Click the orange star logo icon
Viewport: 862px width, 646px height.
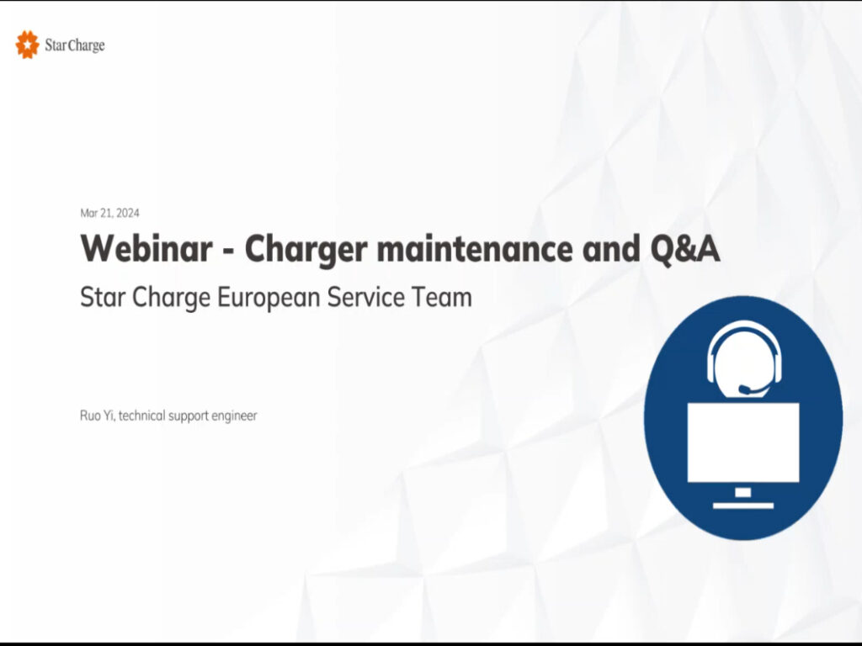click(x=28, y=45)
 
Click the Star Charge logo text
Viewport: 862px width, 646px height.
click(x=75, y=45)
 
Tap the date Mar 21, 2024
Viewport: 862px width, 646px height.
click(x=110, y=213)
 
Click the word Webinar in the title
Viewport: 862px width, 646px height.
click(x=146, y=248)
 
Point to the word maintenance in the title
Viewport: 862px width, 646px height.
click(x=475, y=248)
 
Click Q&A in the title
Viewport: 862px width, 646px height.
click(x=685, y=249)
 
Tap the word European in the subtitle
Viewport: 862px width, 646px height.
click(x=269, y=298)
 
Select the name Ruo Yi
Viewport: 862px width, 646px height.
click(x=98, y=416)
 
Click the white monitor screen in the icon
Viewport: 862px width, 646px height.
click(x=743, y=442)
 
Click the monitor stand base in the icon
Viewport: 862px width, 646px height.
click(x=743, y=506)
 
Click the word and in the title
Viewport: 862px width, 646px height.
click(x=611, y=248)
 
